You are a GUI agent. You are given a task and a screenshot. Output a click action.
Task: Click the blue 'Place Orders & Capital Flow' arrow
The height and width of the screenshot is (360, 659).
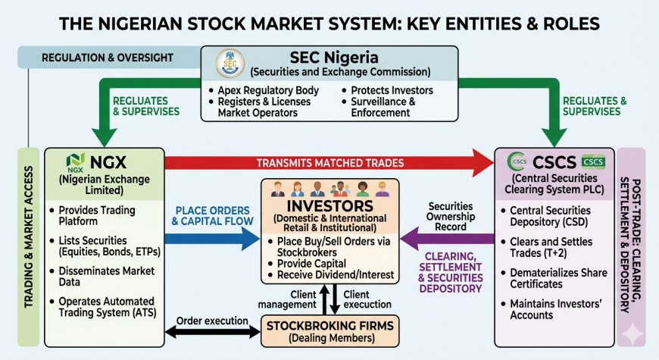[x=205, y=239]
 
